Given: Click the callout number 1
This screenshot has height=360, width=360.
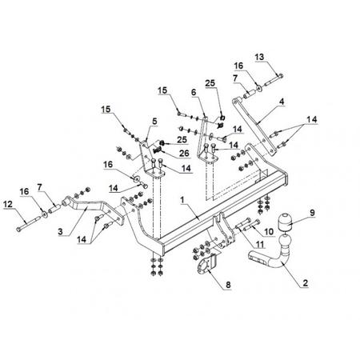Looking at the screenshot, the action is pos(182,200).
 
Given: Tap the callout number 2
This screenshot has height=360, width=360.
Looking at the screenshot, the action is pos(305,283).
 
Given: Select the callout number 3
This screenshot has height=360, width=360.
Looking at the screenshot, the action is pos(61,231).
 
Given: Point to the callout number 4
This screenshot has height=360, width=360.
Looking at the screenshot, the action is pos(282,102).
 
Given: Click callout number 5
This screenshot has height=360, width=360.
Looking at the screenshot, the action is pos(154,121).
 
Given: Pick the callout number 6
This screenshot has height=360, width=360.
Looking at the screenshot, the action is pos(194,92).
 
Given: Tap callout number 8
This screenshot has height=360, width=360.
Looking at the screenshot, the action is pos(228,285).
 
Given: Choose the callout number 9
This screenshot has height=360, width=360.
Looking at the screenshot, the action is pos(312,213).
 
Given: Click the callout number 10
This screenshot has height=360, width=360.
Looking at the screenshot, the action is pos(269,232).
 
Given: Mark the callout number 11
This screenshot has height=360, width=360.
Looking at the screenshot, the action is pos(259,244).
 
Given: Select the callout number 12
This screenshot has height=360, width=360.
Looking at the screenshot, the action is pos(8,204).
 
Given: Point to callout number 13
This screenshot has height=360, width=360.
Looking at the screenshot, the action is pos(259,57).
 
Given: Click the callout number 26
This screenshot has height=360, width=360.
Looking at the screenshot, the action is pos(184,153).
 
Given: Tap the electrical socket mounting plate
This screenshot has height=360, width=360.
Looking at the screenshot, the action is pos(207,264).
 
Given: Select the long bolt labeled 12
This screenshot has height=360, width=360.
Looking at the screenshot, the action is pos(28,224).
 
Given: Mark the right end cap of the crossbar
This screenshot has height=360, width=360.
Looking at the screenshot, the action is pos(284,180).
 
